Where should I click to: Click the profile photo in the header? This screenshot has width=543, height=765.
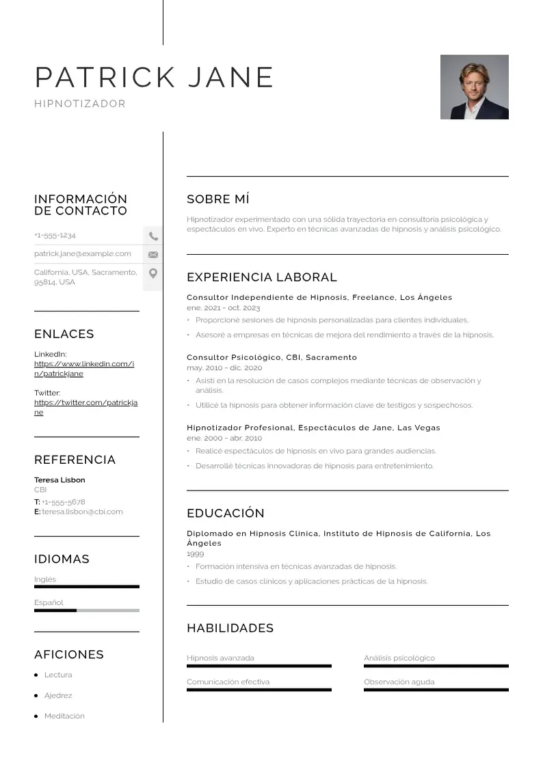474,87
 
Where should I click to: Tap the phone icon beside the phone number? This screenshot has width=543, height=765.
153,236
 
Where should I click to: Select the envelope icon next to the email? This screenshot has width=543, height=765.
153,255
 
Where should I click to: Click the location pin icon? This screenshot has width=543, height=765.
153,273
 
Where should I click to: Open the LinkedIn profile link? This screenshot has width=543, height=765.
83,369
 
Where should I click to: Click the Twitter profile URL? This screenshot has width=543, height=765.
85,408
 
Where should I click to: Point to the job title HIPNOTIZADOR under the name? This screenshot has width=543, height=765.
80,104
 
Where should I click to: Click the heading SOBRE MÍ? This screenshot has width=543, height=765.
217,199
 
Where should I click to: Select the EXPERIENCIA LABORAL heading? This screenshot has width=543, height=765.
261,277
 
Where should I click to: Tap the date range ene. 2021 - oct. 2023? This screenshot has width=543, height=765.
223,308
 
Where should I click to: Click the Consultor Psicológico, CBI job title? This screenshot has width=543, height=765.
271,357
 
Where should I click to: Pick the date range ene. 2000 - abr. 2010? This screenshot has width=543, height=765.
224,438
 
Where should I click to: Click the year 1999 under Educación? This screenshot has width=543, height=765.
195,554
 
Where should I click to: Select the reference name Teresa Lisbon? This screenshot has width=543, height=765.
59,480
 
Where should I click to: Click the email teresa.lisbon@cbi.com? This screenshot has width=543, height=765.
82,512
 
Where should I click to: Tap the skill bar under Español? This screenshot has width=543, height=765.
86,610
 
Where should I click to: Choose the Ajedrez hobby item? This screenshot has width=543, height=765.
58,695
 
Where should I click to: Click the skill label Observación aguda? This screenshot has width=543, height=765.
399,682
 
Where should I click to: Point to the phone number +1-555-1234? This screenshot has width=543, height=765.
55,236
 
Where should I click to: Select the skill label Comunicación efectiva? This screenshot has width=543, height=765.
228,682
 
